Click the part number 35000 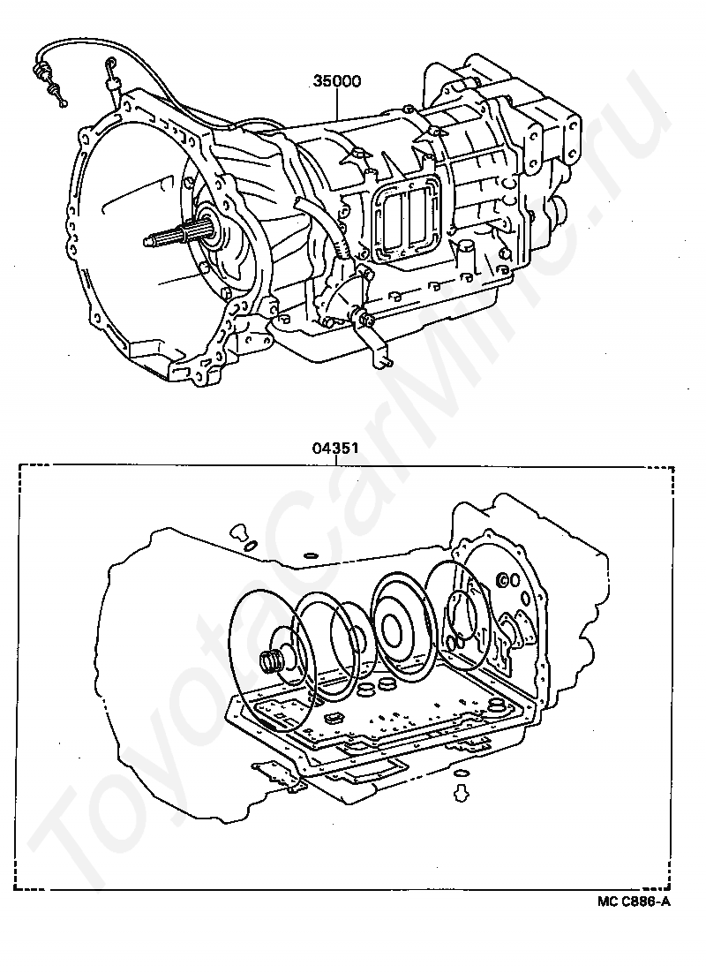click(x=337, y=81)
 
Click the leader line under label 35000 click(x=337, y=103)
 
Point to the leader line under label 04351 click(x=336, y=459)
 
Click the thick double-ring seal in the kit click(x=404, y=622)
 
